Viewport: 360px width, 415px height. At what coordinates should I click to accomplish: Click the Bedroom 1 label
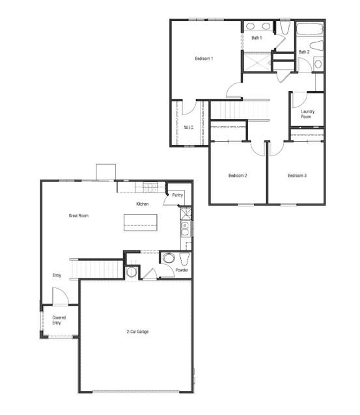[204, 59]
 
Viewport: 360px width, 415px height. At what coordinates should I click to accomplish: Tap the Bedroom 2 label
[238, 175]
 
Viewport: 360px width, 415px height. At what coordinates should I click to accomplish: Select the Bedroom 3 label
[297, 175]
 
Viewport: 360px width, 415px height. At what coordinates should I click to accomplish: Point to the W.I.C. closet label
[189, 127]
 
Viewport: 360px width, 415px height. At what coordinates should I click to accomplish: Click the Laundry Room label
[308, 114]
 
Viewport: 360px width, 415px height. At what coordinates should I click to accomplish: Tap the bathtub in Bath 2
[310, 30]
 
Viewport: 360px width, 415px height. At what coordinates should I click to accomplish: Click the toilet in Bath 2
[317, 47]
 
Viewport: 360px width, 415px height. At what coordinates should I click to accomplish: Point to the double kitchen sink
[185, 228]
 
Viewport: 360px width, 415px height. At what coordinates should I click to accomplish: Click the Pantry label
[178, 195]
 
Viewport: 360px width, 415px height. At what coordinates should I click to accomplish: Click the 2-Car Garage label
[137, 332]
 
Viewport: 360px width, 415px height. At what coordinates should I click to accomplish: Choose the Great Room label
[78, 215]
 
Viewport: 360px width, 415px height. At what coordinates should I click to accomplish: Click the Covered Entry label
[59, 320]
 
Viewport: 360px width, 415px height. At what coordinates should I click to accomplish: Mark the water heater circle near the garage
[132, 272]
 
